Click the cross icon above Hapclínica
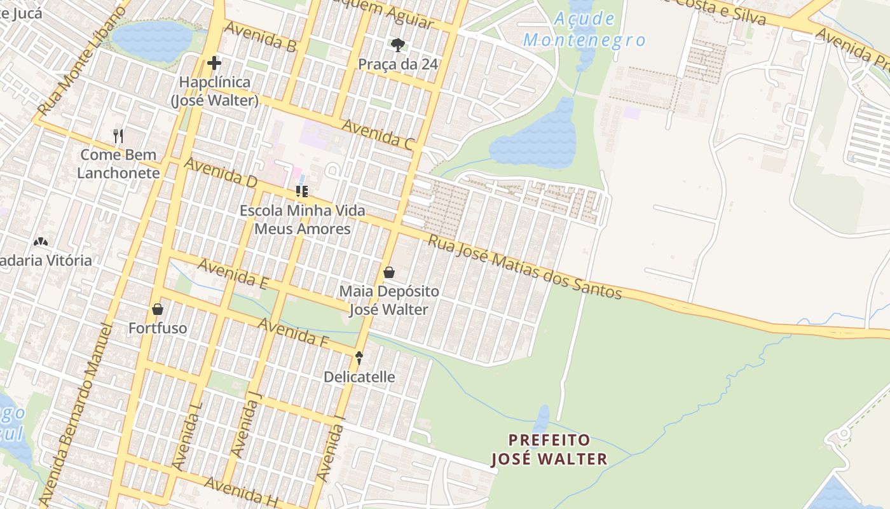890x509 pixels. click(x=214, y=63)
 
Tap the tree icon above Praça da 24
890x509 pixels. click(x=398, y=45)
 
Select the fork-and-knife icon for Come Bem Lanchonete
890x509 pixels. click(x=118, y=136)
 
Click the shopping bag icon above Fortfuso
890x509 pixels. click(x=158, y=309)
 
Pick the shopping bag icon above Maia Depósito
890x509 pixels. click(x=389, y=272)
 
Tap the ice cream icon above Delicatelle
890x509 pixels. click(x=359, y=358)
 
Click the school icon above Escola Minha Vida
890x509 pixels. click(x=302, y=191)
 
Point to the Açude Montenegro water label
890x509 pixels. click(x=584, y=29)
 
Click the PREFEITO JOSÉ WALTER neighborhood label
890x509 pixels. click(x=549, y=449)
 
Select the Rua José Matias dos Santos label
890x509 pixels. click(x=524, y=266)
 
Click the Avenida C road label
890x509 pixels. click(x=378, y=134)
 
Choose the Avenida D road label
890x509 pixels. click(x=221, y=172)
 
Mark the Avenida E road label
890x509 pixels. click(x=232, y=274)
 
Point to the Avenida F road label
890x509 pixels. click(x=292, y=333)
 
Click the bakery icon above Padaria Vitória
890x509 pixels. click(x=41, y=242)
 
